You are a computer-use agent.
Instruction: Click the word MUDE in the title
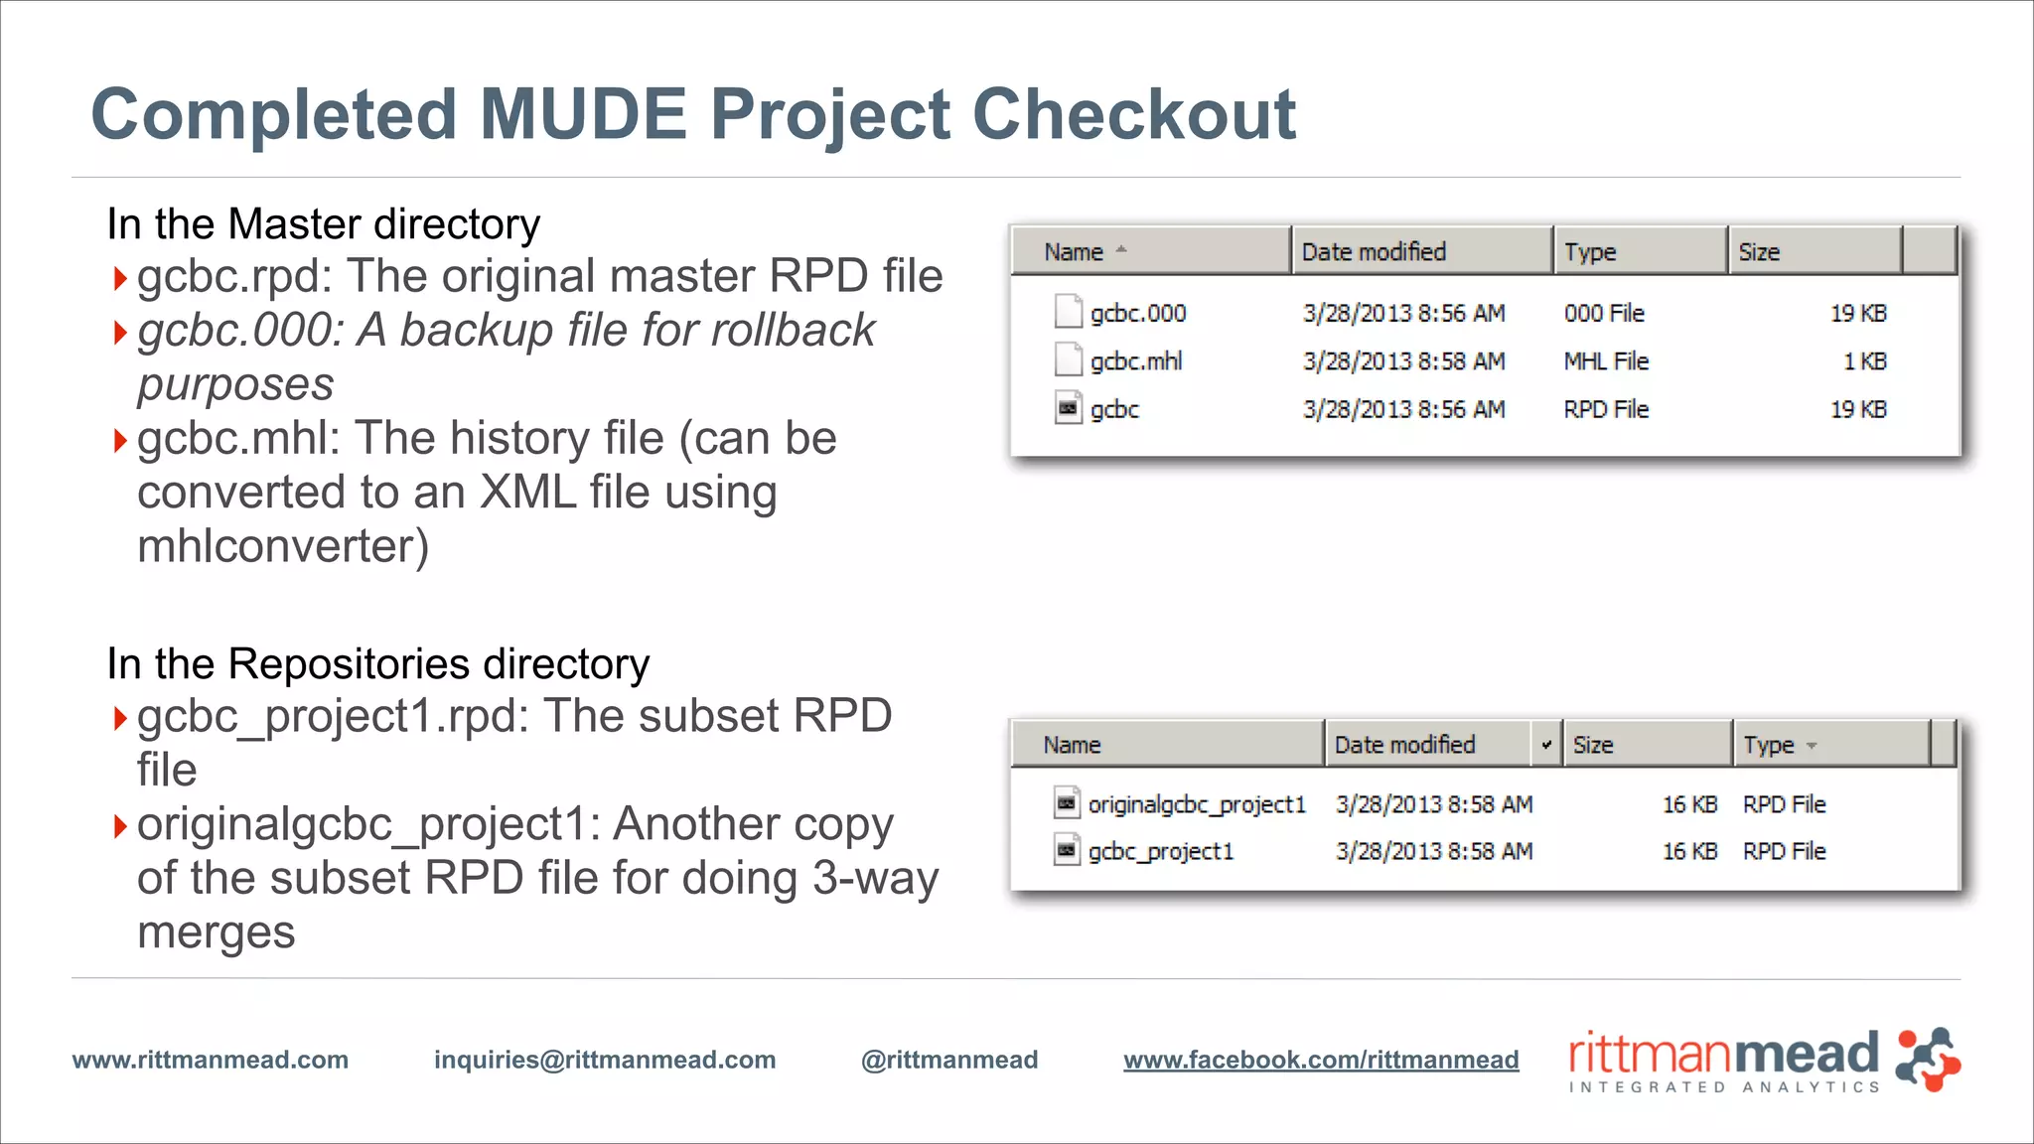click(x=583, y=114)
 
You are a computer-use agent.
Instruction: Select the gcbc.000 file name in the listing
click(x=1138, y=314)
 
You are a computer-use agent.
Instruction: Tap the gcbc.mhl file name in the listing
click(x=1136, y=361)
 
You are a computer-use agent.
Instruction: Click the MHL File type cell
click(x=1606, y=361)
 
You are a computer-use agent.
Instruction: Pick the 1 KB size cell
click(x=1864, y=361)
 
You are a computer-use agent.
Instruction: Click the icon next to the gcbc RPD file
click(x=1068, y=408)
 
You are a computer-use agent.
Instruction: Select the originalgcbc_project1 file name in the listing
click(x=1197, y=804)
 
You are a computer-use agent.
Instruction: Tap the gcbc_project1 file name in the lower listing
click(x=1160, y=852)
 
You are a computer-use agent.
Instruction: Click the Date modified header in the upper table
click(x=1374, y=252)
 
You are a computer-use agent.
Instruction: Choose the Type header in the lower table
click(x=1769, y=745)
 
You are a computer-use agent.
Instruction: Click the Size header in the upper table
click(x=1759, y=252)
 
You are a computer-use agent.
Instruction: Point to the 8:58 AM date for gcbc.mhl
click(x=1403, y=361)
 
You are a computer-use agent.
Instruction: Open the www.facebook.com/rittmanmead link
click(x=1321, y=1060)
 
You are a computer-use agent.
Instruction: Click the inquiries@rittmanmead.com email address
click(x=605, y=1060)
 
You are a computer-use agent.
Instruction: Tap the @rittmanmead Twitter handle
click(x=949, y=1060)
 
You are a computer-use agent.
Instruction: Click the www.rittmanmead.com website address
click(x=211, y=1060)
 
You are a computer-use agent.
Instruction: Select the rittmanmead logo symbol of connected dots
click(x=1928, y=1060)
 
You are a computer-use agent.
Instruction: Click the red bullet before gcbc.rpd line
click(x=120, y=278)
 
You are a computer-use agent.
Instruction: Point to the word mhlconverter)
click(x=283, y=546)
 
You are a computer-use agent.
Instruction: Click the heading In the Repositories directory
click(x=377, y=663)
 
